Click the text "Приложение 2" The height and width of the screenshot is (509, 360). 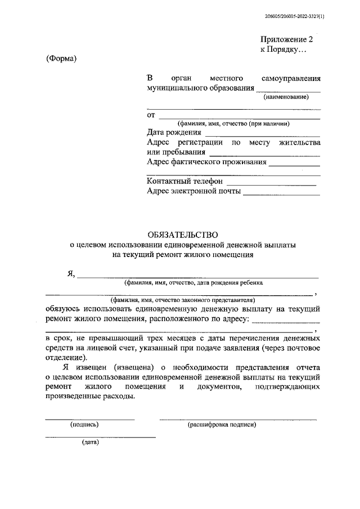(x=286, y=39)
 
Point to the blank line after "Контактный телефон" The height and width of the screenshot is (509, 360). (x=271, y=184)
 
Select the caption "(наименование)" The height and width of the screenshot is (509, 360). (x=287, y=97)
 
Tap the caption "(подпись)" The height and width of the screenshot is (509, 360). (x=84, y=425)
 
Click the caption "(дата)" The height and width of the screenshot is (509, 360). (x=90, y=443)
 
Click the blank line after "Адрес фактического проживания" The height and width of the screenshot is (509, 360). (x=294, y=166)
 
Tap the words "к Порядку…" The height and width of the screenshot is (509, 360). (x=283, y=49)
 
